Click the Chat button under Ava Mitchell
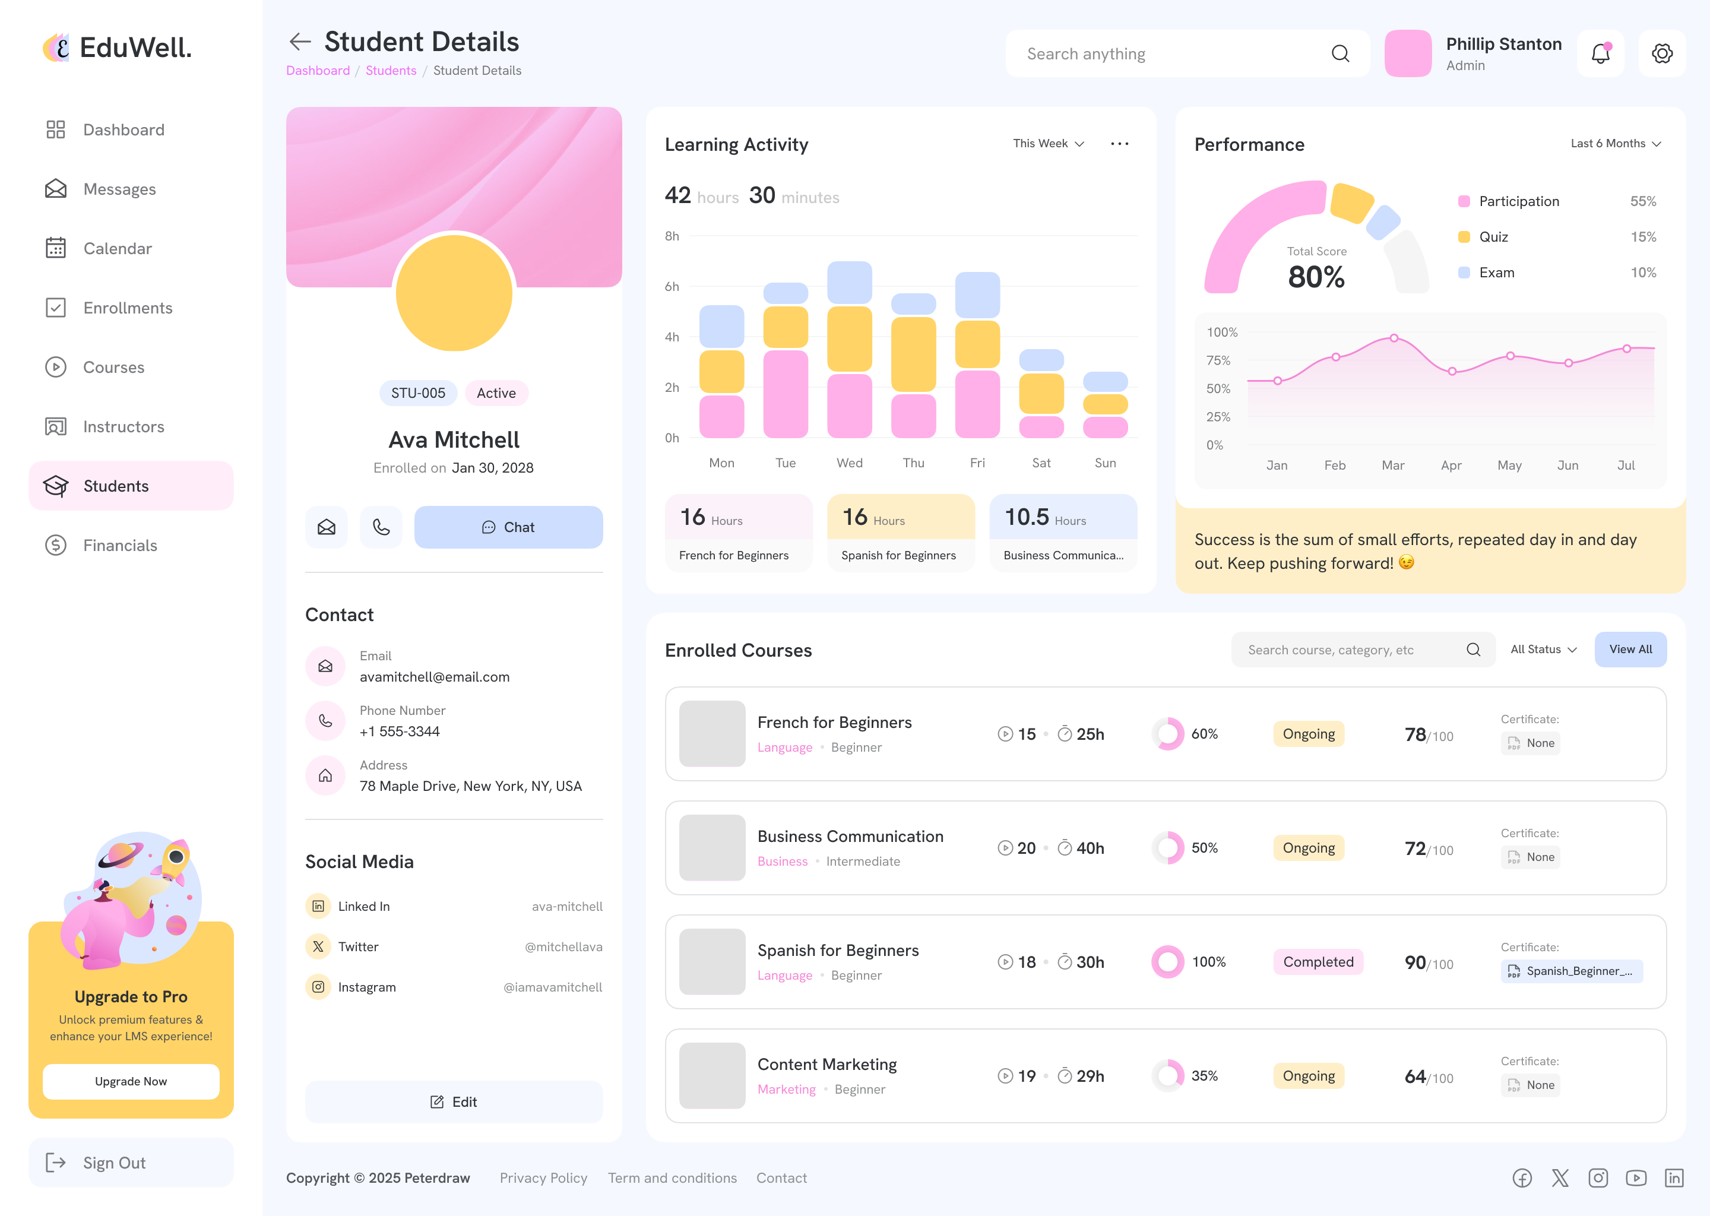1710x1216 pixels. [x=508, y=527]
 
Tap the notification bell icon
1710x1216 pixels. [x=1601, y=54]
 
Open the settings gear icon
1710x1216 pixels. [x=1662, y=54]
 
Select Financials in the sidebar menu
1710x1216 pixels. [x=120, y=545]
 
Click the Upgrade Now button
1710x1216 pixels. [x=131, y=1081]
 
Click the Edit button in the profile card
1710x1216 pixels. [x=454, y=1101]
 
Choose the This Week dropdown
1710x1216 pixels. [x=1048, y=144]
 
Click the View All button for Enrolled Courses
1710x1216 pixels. [x=1630, y=649]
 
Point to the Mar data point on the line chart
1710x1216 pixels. [x=1394, y=338]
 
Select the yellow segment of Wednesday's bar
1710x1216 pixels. [x=849, y=338]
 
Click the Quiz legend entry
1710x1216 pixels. [x=1493, y=237]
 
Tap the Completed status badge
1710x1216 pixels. [x=1318, y=962]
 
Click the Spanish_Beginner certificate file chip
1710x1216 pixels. [x=1572, y=971]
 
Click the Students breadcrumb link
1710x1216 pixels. [x=391, y=71]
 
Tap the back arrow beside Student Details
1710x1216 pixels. [x=300, y=42]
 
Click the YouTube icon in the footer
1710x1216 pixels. [x=1636, y=1178]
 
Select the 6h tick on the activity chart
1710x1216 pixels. [x=672, y=287]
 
